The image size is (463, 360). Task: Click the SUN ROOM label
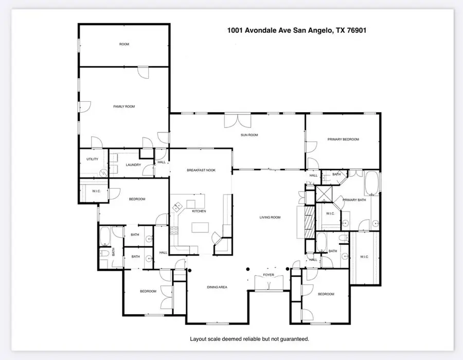click(250, 135)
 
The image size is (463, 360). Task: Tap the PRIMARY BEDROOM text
click(343, 139)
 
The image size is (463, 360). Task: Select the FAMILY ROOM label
click(124, 106)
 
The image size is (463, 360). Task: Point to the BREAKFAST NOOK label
click(200, 170)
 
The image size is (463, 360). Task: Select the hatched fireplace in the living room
click(309, 222)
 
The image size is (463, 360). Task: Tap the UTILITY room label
click(92, 159)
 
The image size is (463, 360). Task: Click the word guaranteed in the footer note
click(291, 339)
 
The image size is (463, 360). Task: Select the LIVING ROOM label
click(270, 218)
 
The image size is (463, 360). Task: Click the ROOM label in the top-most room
click(124, 44)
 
